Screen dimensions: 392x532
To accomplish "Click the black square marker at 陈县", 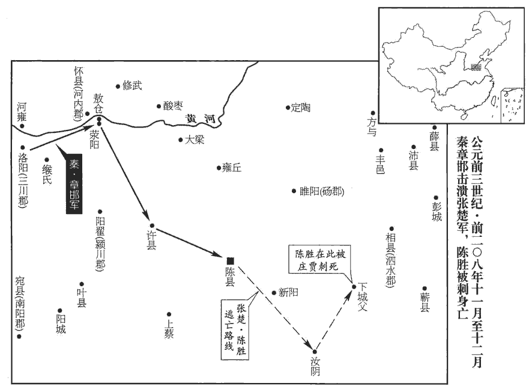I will click(230, 260).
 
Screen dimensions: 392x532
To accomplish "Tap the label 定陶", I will click(301, 108).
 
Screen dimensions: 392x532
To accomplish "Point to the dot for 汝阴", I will click(315, 351).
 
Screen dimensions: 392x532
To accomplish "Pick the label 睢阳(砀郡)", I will click(322, 192).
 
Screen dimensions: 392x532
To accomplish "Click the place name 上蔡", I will click(169, 328).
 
